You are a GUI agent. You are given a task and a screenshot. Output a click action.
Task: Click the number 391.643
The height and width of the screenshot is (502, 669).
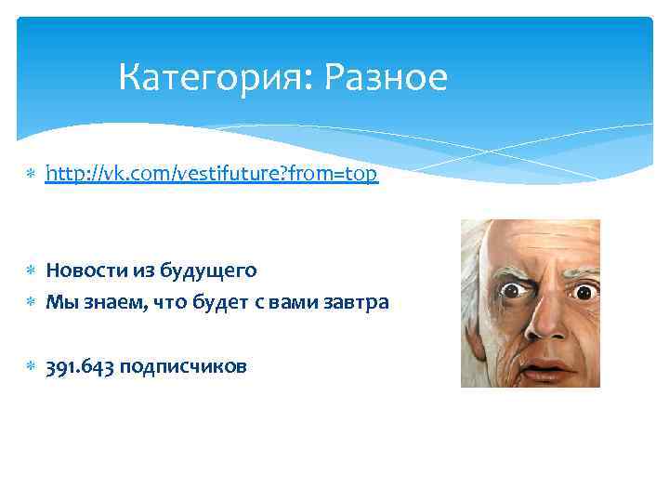click(x=80, y=366)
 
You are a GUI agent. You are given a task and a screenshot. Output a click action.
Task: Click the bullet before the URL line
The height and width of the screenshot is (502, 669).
click(x=31, y=175)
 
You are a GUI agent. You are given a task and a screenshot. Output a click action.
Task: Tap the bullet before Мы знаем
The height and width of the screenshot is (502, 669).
click(x=31, y=303)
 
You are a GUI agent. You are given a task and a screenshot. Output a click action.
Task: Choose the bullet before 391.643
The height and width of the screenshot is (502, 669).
click(x=31, y=367)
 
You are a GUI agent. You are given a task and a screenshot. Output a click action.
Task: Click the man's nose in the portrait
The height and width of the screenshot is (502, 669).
click(x=553, y=321)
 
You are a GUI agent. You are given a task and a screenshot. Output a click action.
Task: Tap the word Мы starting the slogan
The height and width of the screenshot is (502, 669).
click(x=59, y=302)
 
